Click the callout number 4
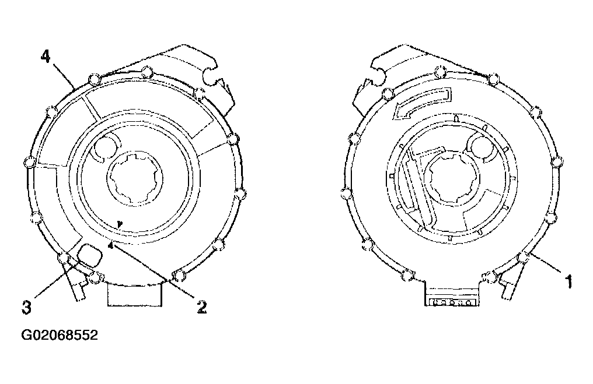tap(46, 57)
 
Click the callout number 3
tap(26, 307)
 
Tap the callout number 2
tap(202, 307)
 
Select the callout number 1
tap(568, 282)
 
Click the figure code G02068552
tap(60, 335)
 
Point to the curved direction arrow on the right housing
tap(421, 103)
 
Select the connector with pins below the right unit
tap(452, 302)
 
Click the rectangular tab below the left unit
tap(135, 295)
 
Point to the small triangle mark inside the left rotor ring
tap(120, 224)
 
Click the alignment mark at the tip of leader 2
tap(111, 245)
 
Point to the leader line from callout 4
tap(64, 76)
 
